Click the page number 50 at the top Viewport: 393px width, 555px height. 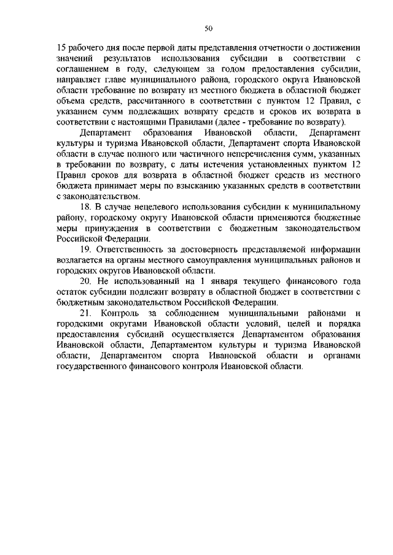tap(209, 28)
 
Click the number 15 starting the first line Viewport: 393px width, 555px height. tap(60, 48)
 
